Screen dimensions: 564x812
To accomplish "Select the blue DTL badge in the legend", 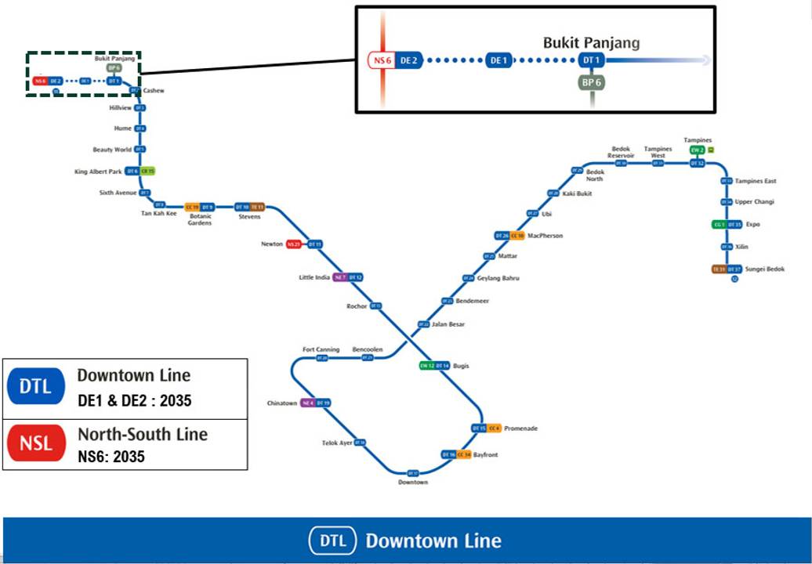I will click(x=36, y=386).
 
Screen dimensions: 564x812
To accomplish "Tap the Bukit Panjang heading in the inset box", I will click(x=591, y=42).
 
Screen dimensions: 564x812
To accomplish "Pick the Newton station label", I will click(x=272, y=244).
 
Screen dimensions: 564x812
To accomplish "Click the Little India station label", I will click(x=314, y=277).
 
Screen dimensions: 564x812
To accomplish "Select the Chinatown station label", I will click(x=282, y=403).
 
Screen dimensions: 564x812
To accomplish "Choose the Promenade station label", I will click(x=521, y=428).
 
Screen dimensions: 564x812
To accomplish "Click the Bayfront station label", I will click(x=485, y=455).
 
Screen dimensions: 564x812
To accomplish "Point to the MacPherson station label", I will click(x=546, y=236).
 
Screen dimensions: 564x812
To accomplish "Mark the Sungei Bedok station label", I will click(x=764, y=269).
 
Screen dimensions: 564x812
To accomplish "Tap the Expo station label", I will click(x=754, y=225).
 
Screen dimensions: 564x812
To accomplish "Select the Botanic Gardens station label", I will click(x=200, y=219).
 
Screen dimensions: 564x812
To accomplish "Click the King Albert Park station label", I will click(x=98, y=172).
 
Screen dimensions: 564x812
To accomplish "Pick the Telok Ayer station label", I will click(x=337, y=443).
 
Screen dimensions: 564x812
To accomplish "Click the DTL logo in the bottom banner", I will click(x=332, y=540).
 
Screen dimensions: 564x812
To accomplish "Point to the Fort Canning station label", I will click(x=321, y=349).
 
